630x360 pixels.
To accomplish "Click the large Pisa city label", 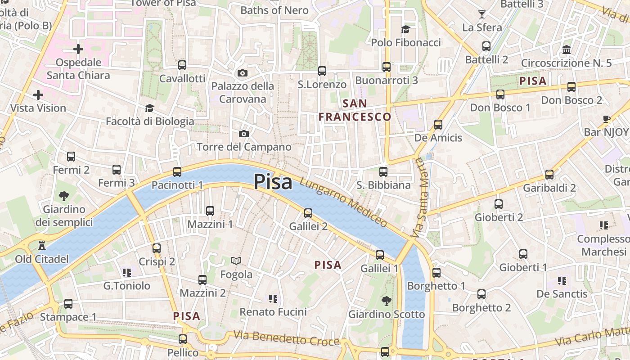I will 273,182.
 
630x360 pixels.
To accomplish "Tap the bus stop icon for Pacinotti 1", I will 177,172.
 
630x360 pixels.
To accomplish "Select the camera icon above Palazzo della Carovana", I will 243,73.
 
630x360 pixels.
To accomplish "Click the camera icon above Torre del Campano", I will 243,134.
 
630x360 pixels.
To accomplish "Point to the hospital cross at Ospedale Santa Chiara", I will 78,49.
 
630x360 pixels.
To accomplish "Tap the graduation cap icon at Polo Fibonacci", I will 406,29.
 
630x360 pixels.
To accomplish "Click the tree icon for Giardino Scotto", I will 386,301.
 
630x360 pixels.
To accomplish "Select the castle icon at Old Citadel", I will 42,246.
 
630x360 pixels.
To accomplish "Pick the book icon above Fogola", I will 236,261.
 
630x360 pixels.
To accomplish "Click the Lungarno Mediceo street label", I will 343,202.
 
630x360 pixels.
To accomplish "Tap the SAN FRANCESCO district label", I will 355,110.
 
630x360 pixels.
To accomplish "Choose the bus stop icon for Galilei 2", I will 308,213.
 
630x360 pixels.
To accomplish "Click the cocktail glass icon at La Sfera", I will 482,14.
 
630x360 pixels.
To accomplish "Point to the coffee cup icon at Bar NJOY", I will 606,119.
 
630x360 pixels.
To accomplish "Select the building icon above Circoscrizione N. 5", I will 567,49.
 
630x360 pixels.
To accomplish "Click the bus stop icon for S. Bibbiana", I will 383,172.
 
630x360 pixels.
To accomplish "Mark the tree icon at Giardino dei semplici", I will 64,196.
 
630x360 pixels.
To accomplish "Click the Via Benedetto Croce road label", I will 286,338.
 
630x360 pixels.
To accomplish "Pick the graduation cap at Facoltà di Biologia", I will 149,108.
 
